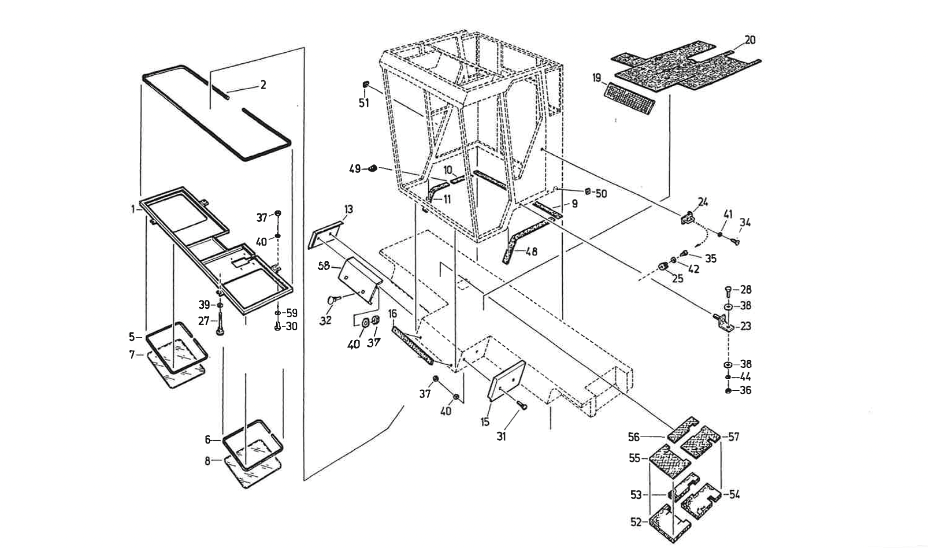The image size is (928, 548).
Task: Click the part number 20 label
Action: tap(750, 40)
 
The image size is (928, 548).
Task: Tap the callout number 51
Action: tap(364, 103)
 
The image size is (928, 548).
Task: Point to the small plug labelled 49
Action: tap(372, 168)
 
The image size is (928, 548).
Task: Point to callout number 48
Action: tap(532, 252)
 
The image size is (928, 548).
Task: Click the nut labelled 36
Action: tap(728, 391)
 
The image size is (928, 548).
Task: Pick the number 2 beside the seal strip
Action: tap(263, 84)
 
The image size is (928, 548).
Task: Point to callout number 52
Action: tap(636, 522)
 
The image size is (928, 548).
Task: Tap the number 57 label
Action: tap(733, 437)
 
